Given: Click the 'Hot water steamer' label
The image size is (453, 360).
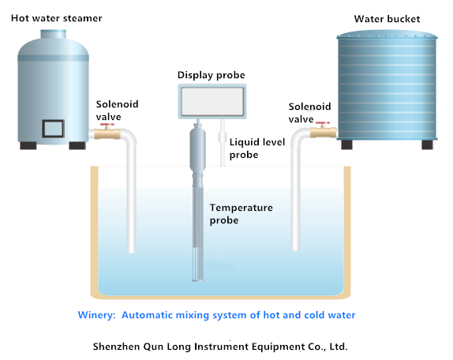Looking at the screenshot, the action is [56, 18].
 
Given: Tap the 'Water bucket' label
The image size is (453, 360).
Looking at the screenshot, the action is [387, 19].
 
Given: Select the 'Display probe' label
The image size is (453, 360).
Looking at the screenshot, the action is [212, 75].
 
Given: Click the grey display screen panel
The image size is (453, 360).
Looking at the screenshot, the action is [212, 102].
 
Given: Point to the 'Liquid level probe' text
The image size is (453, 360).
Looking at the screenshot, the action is [257, 148].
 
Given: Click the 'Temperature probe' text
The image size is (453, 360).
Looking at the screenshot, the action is [241, 214].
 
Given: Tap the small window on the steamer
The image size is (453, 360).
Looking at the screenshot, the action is [53, 128].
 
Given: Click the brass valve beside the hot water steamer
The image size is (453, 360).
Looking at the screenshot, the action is [107, 133].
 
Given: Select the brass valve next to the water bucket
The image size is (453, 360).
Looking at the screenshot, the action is [323, 133].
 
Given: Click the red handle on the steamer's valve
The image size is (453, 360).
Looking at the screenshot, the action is [107, 125].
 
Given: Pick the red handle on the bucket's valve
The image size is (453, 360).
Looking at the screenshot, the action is [323, 123].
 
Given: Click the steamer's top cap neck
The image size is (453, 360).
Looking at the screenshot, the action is [53, 34].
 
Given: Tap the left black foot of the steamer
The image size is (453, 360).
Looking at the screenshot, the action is [28, 145].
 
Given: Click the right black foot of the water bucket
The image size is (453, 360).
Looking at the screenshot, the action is [427, 144].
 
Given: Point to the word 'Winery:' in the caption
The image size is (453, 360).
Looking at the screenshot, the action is [96, 315].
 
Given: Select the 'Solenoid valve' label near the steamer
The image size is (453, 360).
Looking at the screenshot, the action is [117, 111].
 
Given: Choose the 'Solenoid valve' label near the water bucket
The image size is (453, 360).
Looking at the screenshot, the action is [309, 113].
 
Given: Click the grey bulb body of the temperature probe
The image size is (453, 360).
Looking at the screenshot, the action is [197, 150].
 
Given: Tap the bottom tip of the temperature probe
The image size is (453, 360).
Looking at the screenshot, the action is [198, 280].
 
